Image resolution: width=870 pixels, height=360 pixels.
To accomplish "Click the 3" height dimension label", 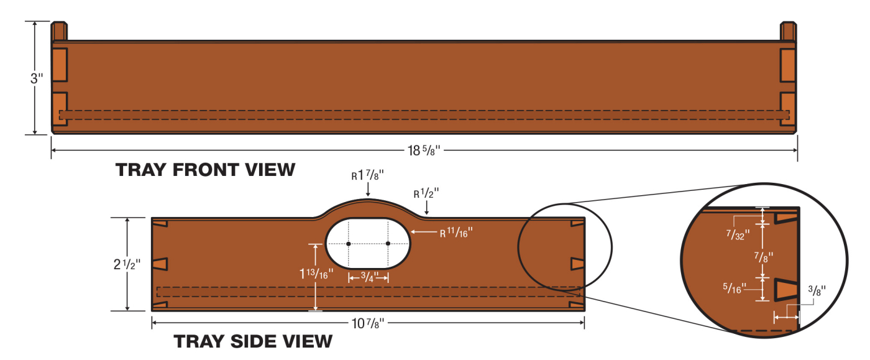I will tap(37, 79).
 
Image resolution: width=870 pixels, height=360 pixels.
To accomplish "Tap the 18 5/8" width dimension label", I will tap(423, 150).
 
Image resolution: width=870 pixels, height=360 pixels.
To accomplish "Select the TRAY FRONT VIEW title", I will tap(205, 170).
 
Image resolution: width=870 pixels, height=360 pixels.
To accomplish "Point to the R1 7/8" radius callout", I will tap(367, 176).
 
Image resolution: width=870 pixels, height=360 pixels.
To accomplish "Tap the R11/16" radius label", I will tap(457, 233).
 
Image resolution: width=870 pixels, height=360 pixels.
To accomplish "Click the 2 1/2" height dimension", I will tap(127, 264).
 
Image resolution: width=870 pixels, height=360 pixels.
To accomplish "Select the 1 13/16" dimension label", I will tap(317, 272).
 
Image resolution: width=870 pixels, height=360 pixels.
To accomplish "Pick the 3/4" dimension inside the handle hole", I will tap(369, 277).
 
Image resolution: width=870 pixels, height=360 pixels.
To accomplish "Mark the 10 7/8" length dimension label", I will tap(368, 323).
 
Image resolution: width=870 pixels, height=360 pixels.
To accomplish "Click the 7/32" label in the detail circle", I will tap(740, 234).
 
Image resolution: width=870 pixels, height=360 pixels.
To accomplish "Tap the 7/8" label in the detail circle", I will tap(764, 256).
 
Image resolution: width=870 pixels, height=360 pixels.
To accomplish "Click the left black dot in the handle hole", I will tap(349, 244).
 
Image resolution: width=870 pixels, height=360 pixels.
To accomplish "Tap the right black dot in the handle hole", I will tap(388, 244).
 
